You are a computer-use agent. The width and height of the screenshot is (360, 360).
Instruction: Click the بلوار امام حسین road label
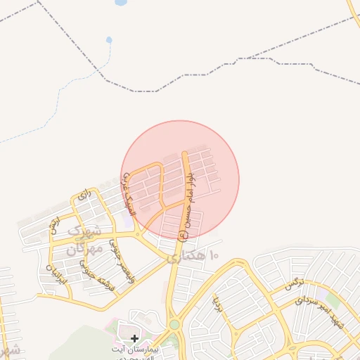(188, 205)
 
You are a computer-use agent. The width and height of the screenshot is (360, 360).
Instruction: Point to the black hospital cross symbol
(134, 339)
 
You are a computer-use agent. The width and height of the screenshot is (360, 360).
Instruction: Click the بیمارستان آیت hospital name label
(140, 350)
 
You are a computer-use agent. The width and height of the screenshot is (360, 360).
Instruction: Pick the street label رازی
(86, 195)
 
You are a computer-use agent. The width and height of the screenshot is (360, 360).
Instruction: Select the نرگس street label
(293, 284)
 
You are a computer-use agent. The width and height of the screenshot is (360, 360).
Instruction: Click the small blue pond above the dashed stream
(109, 39)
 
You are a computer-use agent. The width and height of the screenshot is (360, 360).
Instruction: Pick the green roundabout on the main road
(174, 324)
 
